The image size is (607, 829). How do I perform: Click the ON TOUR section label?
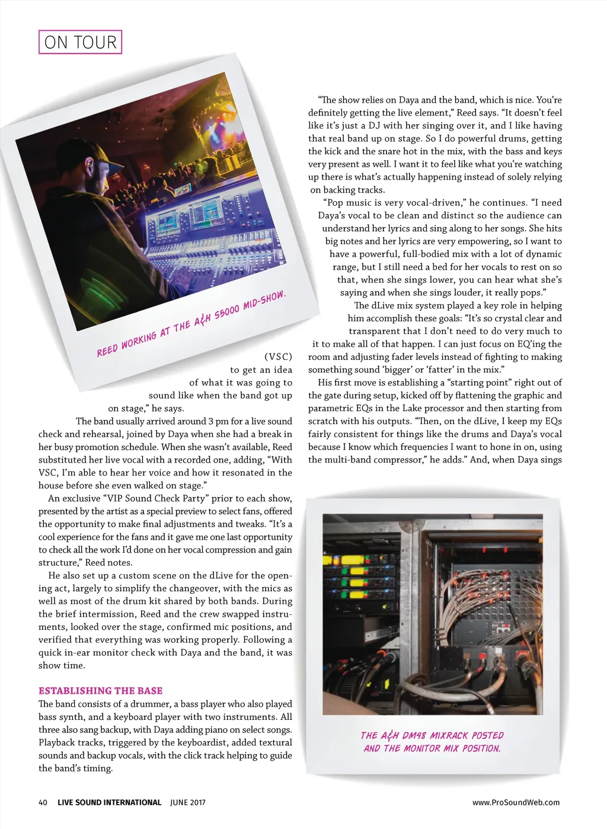(80, 42)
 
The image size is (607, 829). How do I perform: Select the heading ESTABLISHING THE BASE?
(100, 691)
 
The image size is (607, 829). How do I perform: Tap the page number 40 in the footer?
(43, 802)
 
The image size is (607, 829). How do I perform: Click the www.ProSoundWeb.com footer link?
(516, 802)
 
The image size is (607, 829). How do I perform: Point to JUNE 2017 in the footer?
(188, 802)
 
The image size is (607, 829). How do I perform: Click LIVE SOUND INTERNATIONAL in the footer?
(109, 802)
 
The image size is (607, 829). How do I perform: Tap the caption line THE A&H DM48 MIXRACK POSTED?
(432, 735)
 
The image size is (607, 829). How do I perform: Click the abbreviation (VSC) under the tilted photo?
(278, 357)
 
